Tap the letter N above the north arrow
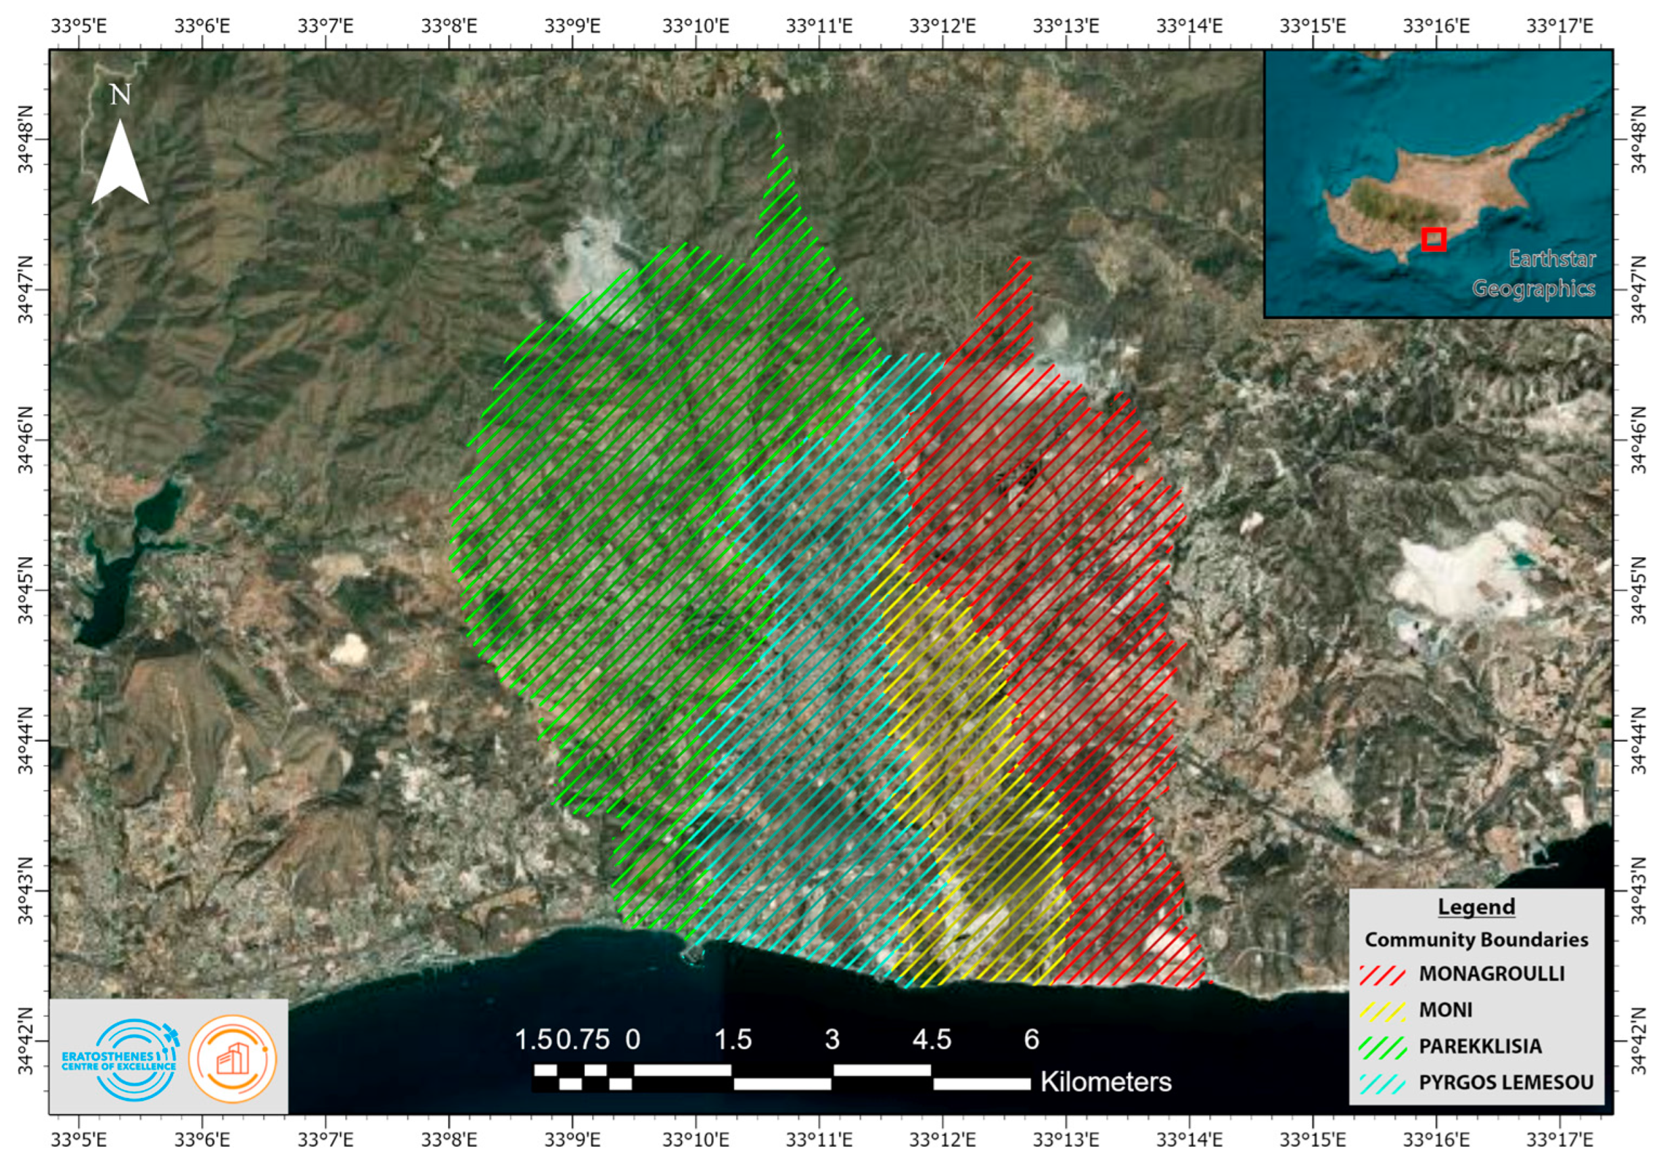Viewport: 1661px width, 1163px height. pos(120,95)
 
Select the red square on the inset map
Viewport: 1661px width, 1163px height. pos(1433,240)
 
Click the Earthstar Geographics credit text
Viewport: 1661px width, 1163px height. pos(1534,273)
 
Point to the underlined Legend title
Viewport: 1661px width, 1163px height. pos(1476,907)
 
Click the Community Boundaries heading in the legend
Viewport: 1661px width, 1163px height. pos(1476,940)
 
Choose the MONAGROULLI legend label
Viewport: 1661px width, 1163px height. pos(1492,973)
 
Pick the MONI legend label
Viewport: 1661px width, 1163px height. pos(1445,1009)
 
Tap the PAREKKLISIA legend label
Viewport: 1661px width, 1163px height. pos(1480,1046)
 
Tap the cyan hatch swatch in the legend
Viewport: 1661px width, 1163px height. pos(1382,1083)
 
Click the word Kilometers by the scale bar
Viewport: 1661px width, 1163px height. pos(1106,1082)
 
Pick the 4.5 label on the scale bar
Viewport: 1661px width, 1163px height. pos(932,1040)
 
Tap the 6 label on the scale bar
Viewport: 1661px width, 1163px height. pos(1032,1040)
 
